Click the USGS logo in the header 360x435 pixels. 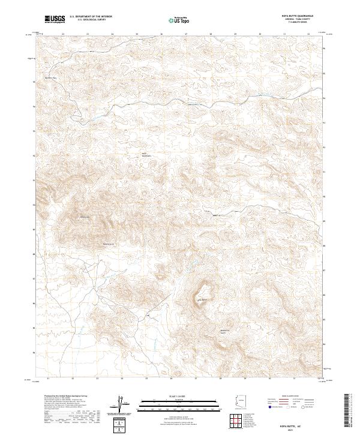[55, 19]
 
